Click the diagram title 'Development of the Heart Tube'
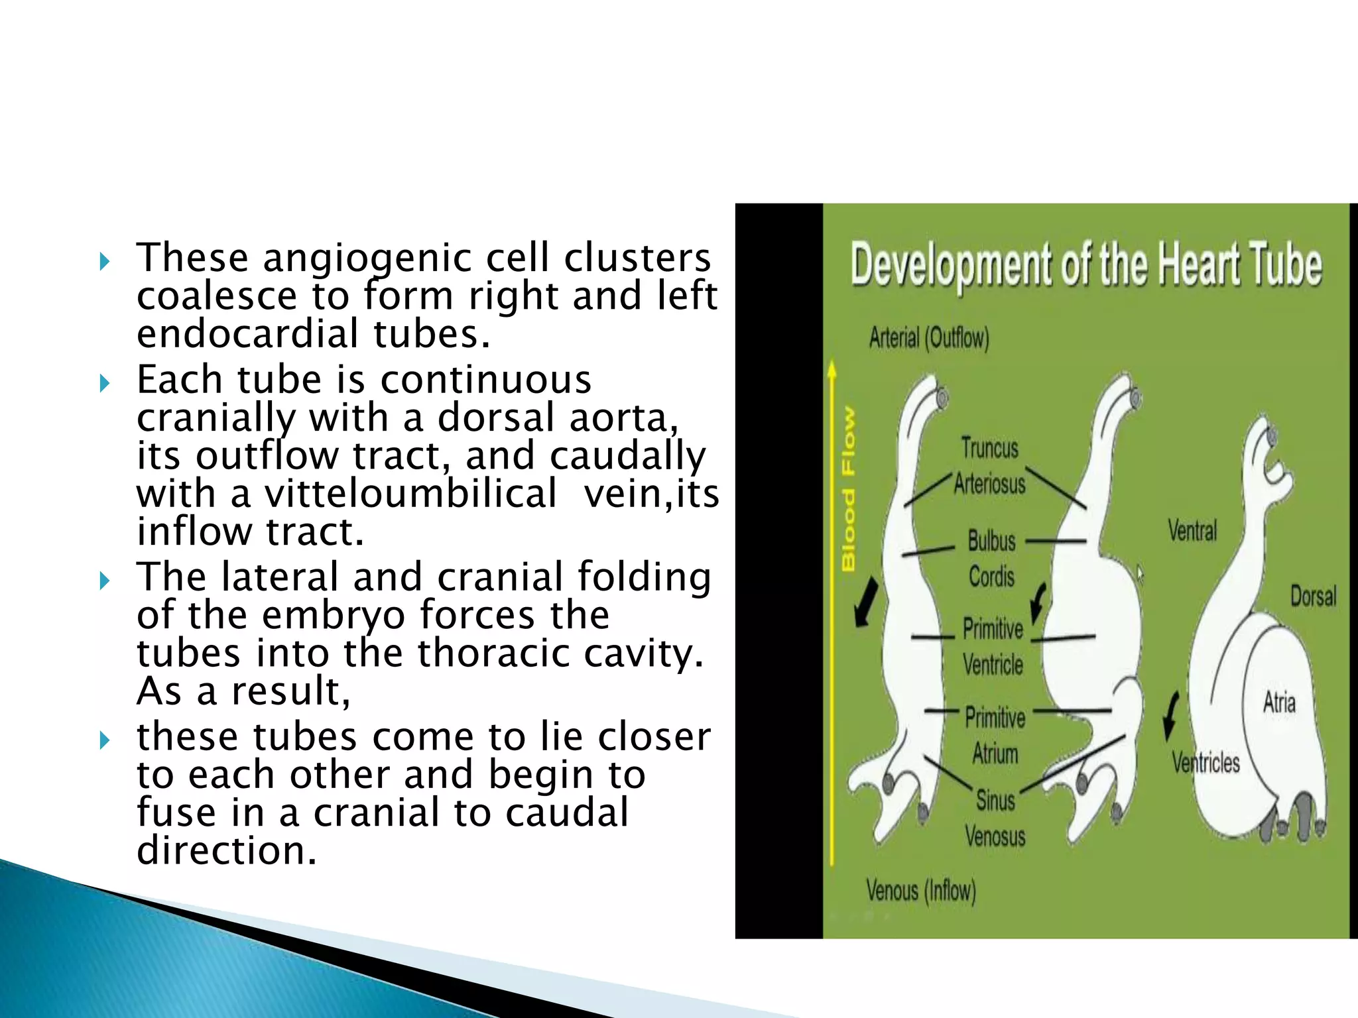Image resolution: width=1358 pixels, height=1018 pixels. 1085,265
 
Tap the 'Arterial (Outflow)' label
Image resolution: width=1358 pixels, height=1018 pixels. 929,338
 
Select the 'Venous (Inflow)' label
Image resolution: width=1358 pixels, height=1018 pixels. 921,890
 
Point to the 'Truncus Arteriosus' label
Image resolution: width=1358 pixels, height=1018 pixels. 990,466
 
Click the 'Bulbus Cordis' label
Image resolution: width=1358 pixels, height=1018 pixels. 991,559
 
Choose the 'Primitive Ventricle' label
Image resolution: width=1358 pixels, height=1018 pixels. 993,646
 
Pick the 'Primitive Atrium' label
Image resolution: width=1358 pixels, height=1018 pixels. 995,735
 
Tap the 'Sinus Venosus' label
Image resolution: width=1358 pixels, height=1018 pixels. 995,819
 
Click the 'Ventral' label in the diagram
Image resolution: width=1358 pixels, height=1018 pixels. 1192,531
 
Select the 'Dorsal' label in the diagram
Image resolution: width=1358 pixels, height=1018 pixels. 1313,596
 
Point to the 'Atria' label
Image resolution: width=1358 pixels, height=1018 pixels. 1279,703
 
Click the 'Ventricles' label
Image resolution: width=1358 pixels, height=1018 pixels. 1205,763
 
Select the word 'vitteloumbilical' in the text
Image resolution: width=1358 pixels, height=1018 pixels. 410,494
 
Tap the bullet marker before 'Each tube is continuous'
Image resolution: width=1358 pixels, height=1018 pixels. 104,382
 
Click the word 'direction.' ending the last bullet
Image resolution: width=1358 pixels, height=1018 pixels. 227,850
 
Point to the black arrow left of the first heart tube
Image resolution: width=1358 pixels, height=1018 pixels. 865,602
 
